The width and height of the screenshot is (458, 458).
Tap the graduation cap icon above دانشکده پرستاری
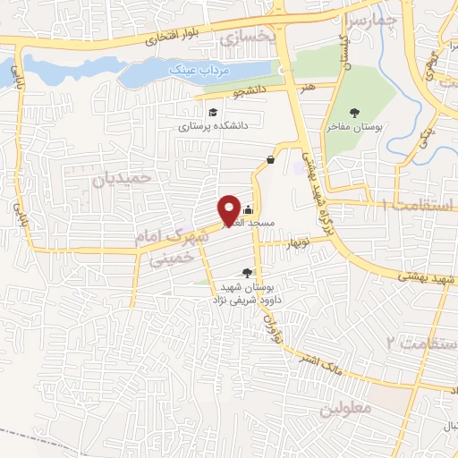coord(213,112)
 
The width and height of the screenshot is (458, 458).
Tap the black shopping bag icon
coord(269,160)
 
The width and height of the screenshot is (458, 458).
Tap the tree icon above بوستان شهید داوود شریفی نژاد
coord(248,273)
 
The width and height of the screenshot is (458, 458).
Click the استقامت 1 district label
coord(417,205)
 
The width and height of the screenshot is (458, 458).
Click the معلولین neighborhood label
coord(343,409)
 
